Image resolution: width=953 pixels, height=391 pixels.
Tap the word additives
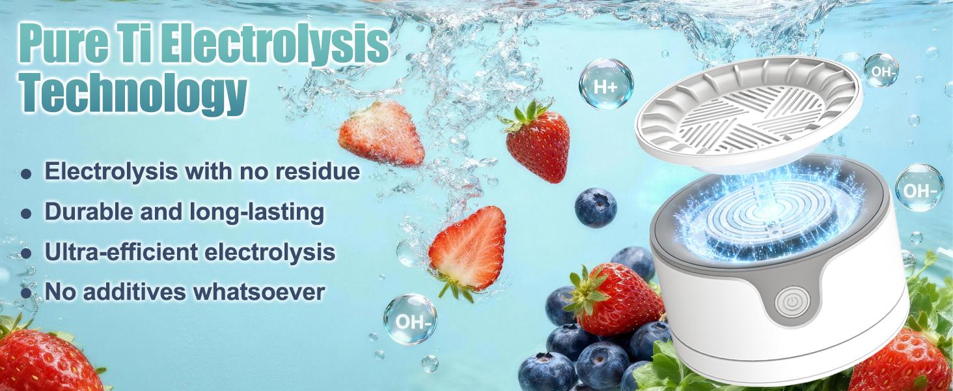(x=137, y=291)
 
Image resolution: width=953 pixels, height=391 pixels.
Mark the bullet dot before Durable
(x=25, y=213)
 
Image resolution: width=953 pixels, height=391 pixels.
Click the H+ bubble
(x=605, y=84)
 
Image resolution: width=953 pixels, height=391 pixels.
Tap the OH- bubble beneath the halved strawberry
(x=409, y=319)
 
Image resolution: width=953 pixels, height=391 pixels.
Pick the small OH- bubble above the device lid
(x=881, y=71)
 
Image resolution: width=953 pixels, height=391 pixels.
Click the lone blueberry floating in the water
(x=595, y=207)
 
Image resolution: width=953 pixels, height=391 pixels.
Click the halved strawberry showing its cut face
(x=469, y=248)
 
